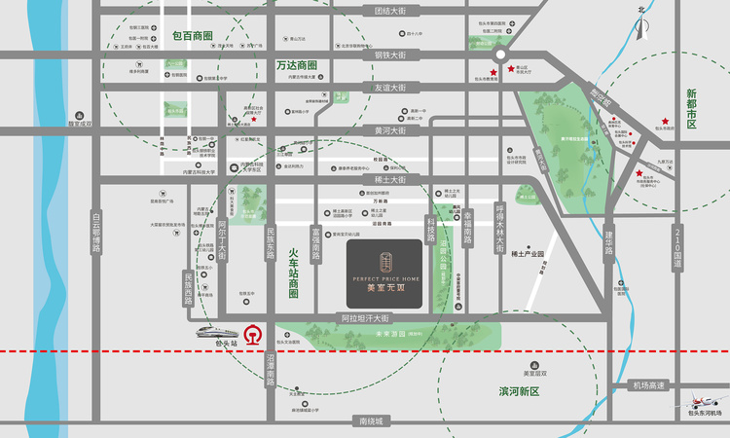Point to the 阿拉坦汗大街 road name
point(364,318)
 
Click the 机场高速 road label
point(647,385)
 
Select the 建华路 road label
point(609,243)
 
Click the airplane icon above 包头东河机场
point(706,399)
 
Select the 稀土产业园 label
point(532,253)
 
